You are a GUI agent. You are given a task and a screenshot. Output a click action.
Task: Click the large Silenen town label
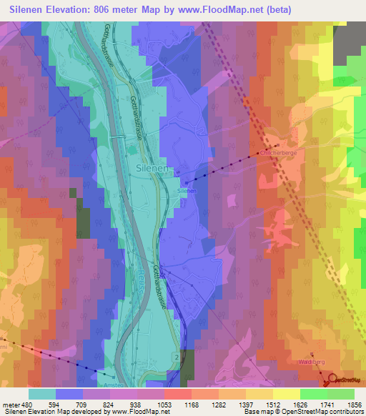click(x=151, y=168)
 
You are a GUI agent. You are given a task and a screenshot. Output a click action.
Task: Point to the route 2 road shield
click(x=174, y=355)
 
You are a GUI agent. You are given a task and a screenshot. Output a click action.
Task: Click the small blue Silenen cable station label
click(x=187, y=192)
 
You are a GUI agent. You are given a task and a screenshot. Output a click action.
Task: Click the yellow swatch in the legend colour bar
click(x=286, y=394)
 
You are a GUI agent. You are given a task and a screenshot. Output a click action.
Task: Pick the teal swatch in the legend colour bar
click(x=42, y=394)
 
